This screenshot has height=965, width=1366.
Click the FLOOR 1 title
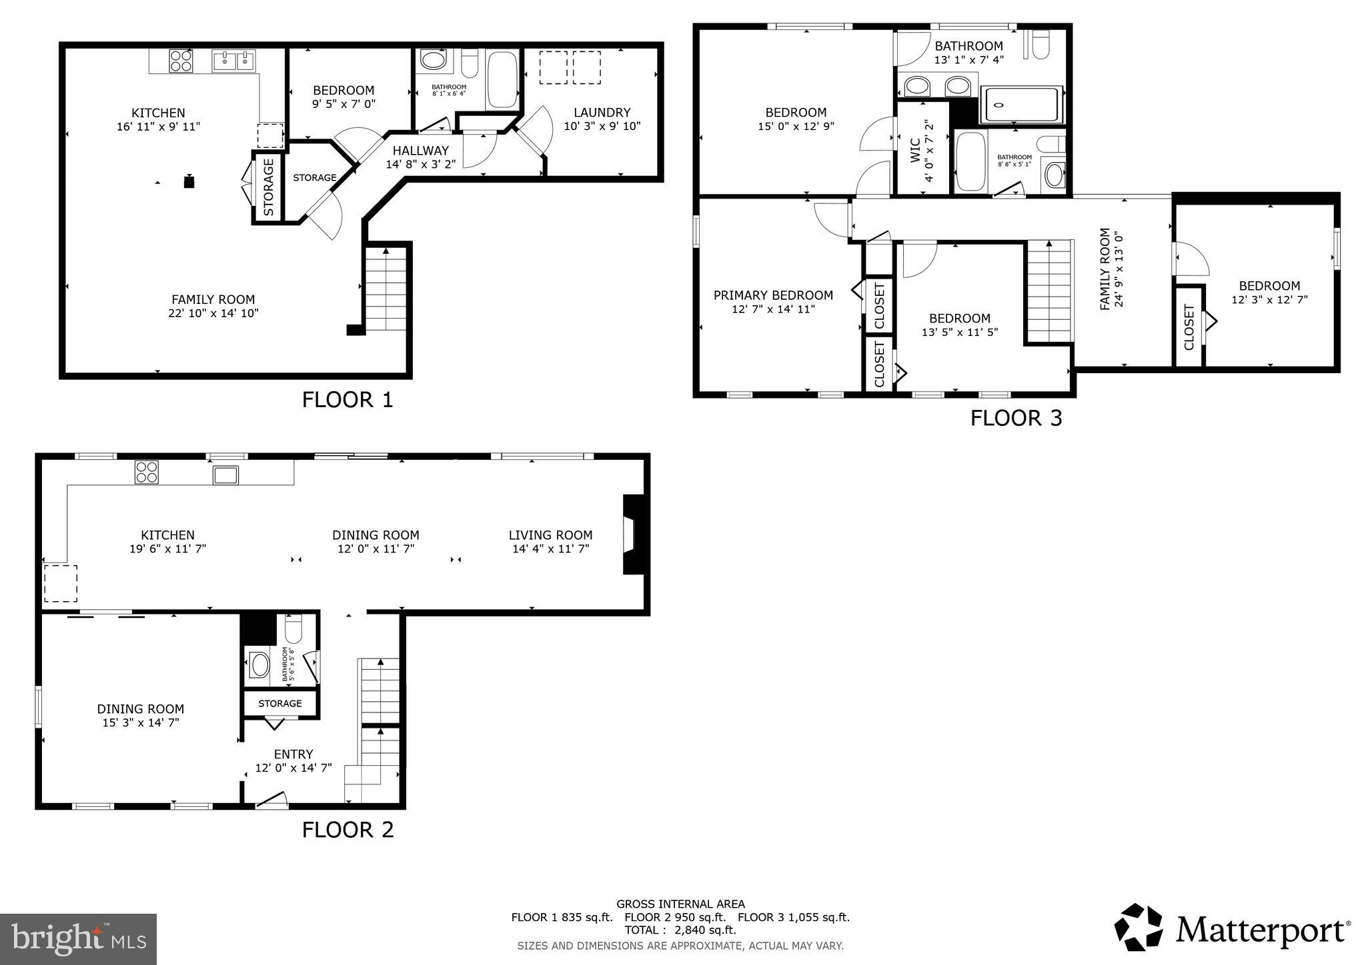(348, 400)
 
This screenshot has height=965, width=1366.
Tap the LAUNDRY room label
(602, 113)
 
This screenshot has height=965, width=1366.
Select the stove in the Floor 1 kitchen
(181, 61)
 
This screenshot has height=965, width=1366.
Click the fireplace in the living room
(632, 534)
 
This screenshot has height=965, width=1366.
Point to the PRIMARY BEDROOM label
(773, 295)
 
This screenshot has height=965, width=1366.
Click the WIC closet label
(915, 150)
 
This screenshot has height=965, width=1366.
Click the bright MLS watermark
(79, 939)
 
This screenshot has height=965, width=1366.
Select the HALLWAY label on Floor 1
(420, 151)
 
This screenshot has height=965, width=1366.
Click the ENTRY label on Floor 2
(293, 754)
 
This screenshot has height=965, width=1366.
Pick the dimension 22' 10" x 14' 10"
(213, 313)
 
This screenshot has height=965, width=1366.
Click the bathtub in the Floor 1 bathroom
(502, 79)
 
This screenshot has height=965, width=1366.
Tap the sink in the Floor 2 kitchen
(225, 475)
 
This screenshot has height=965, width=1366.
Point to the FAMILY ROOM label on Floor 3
(1105, 269)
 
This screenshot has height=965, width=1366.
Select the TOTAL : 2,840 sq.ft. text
(680, 930)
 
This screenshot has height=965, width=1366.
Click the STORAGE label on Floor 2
(280, 703)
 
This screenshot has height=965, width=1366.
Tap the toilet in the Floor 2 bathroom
(293, 628)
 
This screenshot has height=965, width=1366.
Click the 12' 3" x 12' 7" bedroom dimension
(1269, 300)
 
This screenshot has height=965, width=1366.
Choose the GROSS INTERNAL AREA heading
(680, 904)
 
